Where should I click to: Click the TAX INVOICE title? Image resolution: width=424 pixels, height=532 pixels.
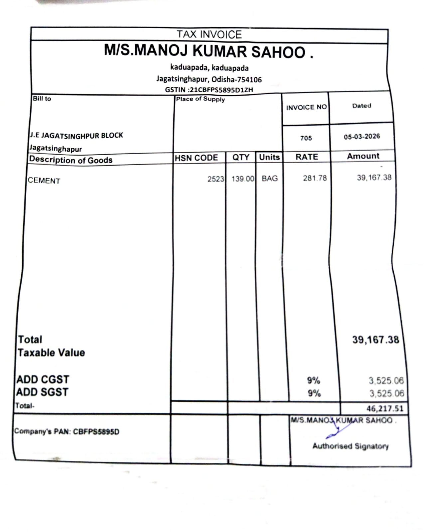pos(209,34)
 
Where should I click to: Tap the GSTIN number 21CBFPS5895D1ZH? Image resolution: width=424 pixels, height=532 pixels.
pos(221,90)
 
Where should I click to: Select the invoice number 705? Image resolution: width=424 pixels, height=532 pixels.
pos(306,138)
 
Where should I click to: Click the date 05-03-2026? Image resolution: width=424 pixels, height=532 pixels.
pos(362,137)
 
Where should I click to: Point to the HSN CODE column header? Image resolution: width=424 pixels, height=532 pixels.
pos(196,158)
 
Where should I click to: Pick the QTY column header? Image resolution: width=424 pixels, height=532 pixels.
pos(241,157)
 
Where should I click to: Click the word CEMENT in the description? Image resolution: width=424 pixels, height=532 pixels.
pos(44,181)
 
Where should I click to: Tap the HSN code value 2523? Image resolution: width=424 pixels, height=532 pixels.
pos(216,179)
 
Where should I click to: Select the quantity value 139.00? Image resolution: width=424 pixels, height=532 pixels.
pos(243,179)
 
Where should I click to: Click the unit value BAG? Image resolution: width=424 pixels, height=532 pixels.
pos(270,179)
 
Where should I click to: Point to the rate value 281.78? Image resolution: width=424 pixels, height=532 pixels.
pos(315,178)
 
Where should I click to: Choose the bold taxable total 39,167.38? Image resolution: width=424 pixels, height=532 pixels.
pos(375,340)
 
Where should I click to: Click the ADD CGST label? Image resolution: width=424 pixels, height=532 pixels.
pos(43,379)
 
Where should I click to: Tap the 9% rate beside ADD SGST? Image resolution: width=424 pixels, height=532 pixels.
pos(314,393)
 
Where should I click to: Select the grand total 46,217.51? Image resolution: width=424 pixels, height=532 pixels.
pos(385,408)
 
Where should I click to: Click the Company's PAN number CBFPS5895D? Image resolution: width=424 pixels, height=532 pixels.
pos(96,432)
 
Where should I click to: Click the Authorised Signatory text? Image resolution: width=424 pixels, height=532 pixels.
pos(350,446)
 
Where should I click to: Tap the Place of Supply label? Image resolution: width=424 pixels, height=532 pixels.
pos(200,99)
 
